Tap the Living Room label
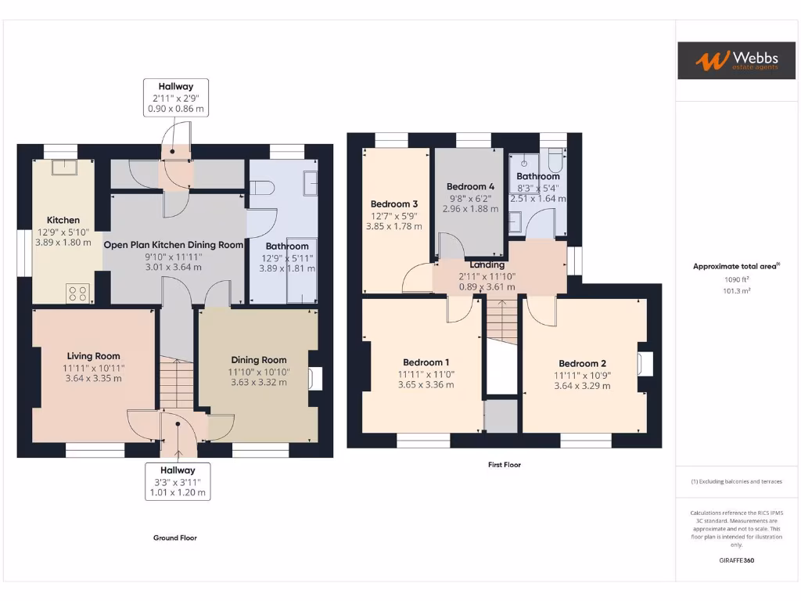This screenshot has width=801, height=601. click(93, 356)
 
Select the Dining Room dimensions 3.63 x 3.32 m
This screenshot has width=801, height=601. click(258, 383)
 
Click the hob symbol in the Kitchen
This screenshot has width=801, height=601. click(78, 293)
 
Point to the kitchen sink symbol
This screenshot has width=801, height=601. click(63, 167)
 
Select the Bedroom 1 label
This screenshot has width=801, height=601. click(426, 362)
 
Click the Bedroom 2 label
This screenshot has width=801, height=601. click(582, 363)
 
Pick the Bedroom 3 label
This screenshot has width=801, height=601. click(393, 203)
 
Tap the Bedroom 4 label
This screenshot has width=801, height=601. click(470, 186)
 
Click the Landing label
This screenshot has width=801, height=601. click(487, 265)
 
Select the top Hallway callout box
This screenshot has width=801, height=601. click(176, 98)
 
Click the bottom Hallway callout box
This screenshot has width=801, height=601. click(178, 481)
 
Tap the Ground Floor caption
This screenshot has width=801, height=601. click(174, 538)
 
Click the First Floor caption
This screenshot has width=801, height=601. click(504, 465)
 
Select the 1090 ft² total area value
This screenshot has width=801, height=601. click(736, 279)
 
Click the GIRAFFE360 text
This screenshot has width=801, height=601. click(736, 560)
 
